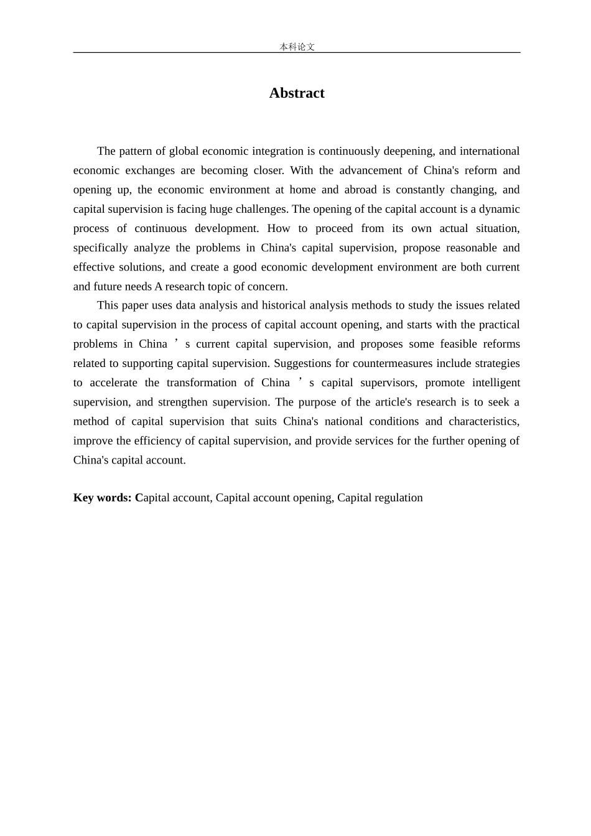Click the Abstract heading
pyautogui.click(x=297, y=93)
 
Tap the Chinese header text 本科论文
pyautogui.click(x=297, y=47)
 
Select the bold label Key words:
pyautogui.click(x=103, y=498)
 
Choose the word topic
pyautogui.click(x=217, y=287)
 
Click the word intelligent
pyautogui.click(x=496, y=383)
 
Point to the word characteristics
pyautogui.click(x=483, y=421)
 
